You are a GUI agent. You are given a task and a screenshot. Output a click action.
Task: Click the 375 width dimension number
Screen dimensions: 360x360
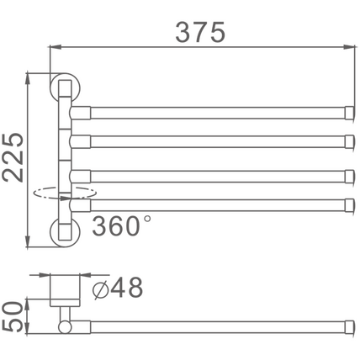[200, 32]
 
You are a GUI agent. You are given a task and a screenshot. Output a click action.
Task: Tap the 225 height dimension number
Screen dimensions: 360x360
[13, 157]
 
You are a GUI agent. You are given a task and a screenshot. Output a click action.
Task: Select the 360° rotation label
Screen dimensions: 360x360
[121, 225]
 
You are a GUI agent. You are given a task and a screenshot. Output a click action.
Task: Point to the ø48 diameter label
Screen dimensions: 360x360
[118, 288]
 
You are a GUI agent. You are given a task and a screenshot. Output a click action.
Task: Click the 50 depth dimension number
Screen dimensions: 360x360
[12, 316]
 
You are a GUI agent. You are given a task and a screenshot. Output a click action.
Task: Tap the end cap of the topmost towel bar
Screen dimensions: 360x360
[349, 113]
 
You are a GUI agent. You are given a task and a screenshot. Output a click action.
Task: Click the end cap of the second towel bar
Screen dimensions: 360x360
[349, 141]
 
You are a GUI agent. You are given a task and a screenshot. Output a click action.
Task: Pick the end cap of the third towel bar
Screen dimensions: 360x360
[349, 177]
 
